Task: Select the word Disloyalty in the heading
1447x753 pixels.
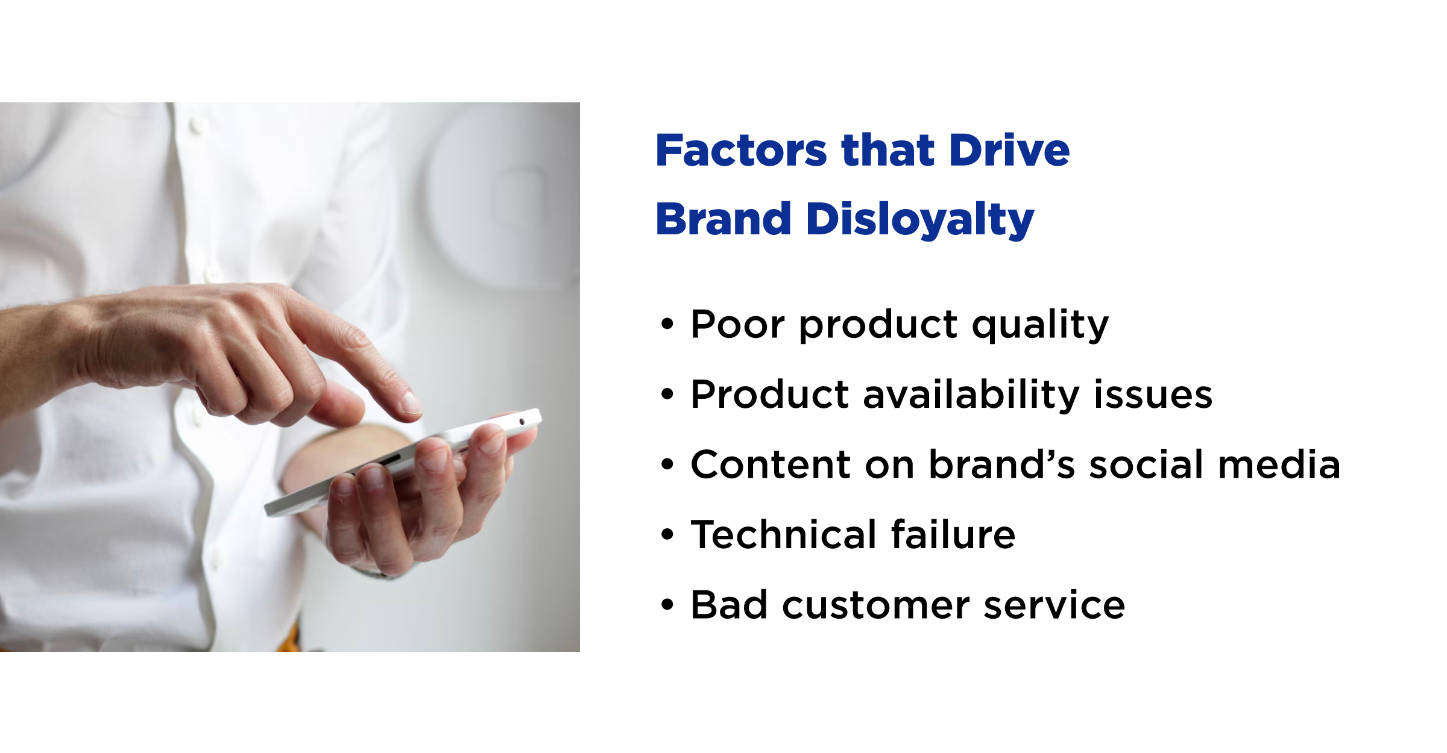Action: (920, 220)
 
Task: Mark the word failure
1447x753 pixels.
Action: (953, 534)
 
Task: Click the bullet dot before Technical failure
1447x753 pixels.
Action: (667, 534)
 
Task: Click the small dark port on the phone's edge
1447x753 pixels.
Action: (522, 422)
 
